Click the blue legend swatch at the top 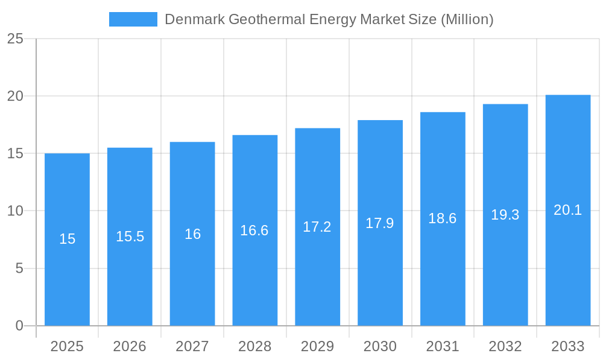point(133,19)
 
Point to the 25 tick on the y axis point(15,39)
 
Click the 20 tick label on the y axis point(15,97)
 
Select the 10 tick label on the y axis point(15,211)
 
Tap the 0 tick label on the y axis point(19,326)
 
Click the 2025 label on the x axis point(67,346)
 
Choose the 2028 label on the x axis point(254,346)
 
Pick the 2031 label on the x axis point(443,346)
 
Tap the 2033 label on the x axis point(568,346)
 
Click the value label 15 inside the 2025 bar point(67,239)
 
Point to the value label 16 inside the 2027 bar point(192,234)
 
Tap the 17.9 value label point(380,223)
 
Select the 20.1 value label point(568,210)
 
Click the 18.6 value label point(443,218)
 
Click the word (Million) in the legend point(467,19)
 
